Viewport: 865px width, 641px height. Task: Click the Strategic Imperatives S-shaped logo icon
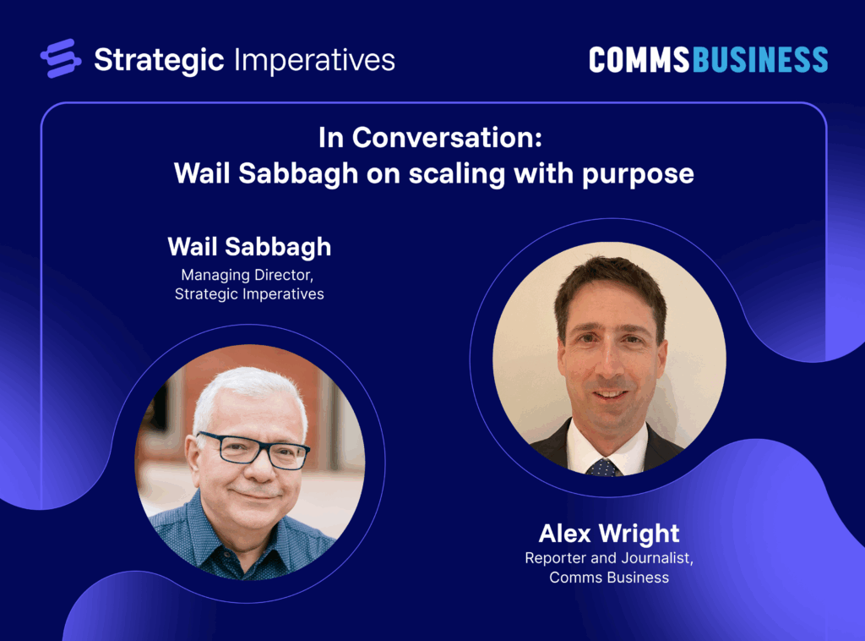[x=61, y=58]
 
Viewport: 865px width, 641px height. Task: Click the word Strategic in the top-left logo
[x=159, y=59]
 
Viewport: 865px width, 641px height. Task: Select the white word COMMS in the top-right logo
[x=639, y=59]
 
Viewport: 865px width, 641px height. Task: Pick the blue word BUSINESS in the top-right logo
[x=759, y=59]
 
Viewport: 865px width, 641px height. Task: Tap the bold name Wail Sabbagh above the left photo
[x=249, y=247]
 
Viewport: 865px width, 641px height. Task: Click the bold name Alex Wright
[x=608, y=534]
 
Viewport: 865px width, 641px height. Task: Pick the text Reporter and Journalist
[x=608, y=558]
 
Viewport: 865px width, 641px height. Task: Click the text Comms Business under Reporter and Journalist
[x=608, y=578]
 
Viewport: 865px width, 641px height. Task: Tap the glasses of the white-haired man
[x=253, y=449]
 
